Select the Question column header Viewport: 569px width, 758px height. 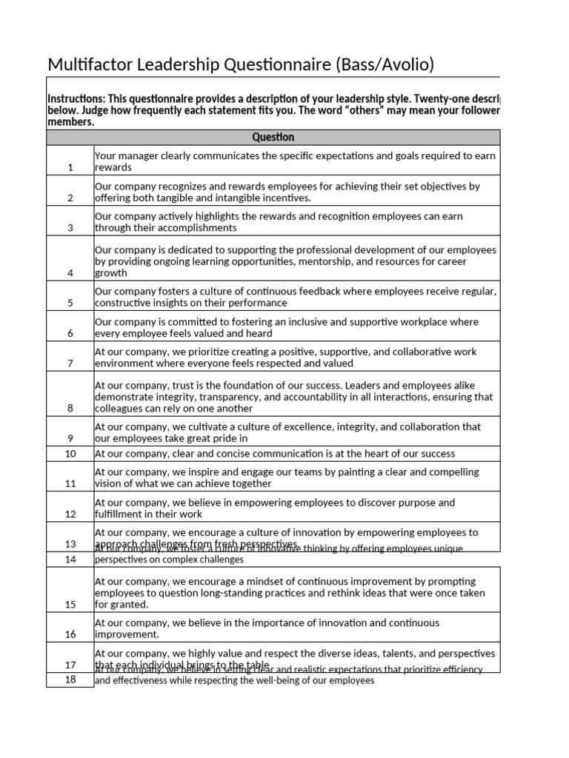[273, 137]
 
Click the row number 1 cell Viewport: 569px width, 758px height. [70, 167]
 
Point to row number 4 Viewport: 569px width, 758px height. [70, 272]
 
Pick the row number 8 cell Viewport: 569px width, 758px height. [70, 408]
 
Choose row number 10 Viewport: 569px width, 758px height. [70, 453]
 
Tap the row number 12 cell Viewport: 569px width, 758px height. [70, 514]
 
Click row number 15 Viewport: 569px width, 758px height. [70, 604]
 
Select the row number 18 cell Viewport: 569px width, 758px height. [70, 680]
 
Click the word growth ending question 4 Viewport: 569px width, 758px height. [111, 273]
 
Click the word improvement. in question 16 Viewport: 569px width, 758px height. [126, 634]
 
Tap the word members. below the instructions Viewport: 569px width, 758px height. [70, 122]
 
